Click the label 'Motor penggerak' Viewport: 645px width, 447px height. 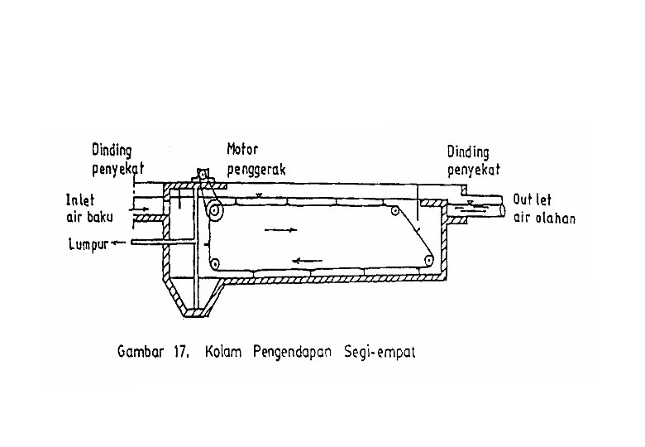coord(256,160)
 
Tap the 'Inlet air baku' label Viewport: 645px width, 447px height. coord(89,209)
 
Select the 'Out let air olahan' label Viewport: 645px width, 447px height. coord(544,209)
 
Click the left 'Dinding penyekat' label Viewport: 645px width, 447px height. coord(117,160)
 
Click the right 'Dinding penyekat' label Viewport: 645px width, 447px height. coord(474,161)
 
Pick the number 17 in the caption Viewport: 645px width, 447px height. coord(179,353)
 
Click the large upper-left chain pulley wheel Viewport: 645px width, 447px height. coord(214,211)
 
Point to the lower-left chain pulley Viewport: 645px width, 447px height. coord(214,262)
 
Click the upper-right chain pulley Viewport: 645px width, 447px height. coord(395,211)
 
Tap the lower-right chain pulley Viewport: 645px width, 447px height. coord(428,260)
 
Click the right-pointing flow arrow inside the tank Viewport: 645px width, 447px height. coord(281,229)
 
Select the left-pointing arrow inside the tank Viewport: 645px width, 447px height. coord(307,261)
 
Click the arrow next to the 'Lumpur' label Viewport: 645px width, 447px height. coord(118,243)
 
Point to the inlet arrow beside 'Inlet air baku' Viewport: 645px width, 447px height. coord(139,209)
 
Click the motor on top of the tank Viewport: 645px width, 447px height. coord(203,174)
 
